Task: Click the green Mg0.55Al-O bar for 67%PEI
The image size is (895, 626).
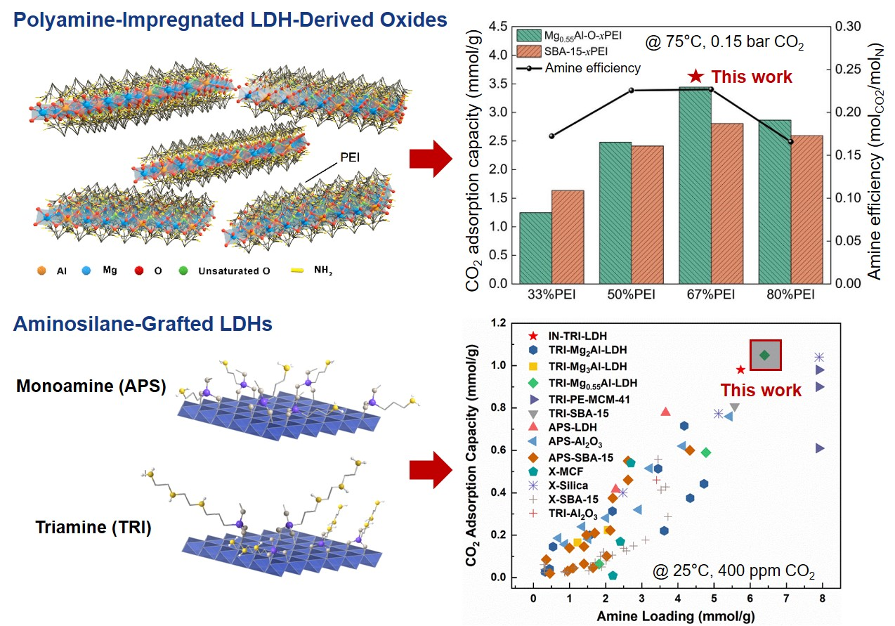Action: pyautogui.click(x=695, y=185)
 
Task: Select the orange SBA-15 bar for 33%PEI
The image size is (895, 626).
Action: pyautogui.click(x=568, y=237)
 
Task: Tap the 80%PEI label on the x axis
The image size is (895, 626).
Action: pyautogui.click(x=790, y=295)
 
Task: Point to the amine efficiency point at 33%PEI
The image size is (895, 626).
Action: pyautogui.click(x=551, y=136)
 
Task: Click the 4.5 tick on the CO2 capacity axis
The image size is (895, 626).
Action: pyautogui.click(x=497, y=27)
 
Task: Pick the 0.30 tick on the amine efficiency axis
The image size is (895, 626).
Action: pyautogui.click(x=848, y=27)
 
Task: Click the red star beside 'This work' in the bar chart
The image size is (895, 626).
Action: pyautogui.click(x=695, y=76)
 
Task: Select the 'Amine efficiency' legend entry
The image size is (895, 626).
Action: pyautogui.click(x=579, y=68)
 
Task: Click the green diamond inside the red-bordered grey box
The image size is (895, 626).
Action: pyautogui.click(x=765, y=355)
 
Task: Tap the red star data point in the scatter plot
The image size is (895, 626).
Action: pyautogui.click(x=740, y=370)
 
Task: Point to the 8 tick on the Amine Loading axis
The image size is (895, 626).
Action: pyautogui.click(x=822, y=599)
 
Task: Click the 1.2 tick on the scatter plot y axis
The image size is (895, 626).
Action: pyautogui.click(x=499, y=322)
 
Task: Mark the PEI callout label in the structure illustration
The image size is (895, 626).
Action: pyautogui.click(x=350, y=157)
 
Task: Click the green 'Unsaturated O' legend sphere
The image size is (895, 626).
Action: pyautogui.click(x=183, y=271)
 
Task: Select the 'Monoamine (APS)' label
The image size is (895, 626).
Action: pyautogui.click(x=91, y=386)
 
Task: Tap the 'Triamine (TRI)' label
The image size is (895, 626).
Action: pyautogui.click(x=93, y=527)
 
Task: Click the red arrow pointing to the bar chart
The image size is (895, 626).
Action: pyautogui.click(x=431, y=159)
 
